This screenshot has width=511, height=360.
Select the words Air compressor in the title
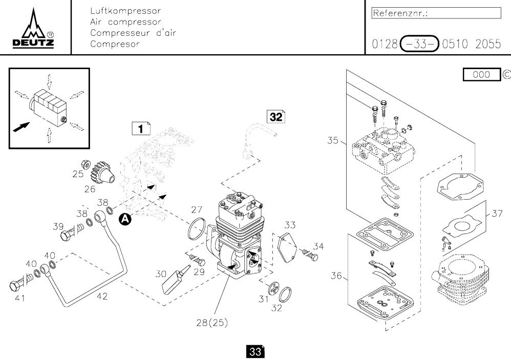(x=125, y=22)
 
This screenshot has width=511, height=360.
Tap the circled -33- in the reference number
(x=419, y=44)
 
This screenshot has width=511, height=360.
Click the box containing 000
(x=481, y=75)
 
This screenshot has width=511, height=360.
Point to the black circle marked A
(x=124, y=219)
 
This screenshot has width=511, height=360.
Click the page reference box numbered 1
(x=140, y=128)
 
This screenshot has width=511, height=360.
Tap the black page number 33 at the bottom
(x=255, y=352)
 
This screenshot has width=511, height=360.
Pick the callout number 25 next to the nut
(x=77, y=174)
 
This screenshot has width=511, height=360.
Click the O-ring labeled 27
(x=196, y=228)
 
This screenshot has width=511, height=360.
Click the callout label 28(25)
(x=212, y=323)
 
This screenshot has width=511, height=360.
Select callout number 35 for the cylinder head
(x=333, y=140)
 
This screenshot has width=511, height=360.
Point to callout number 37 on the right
(x=497, y=214)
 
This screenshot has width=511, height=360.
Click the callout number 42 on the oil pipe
(x=102, y=296)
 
